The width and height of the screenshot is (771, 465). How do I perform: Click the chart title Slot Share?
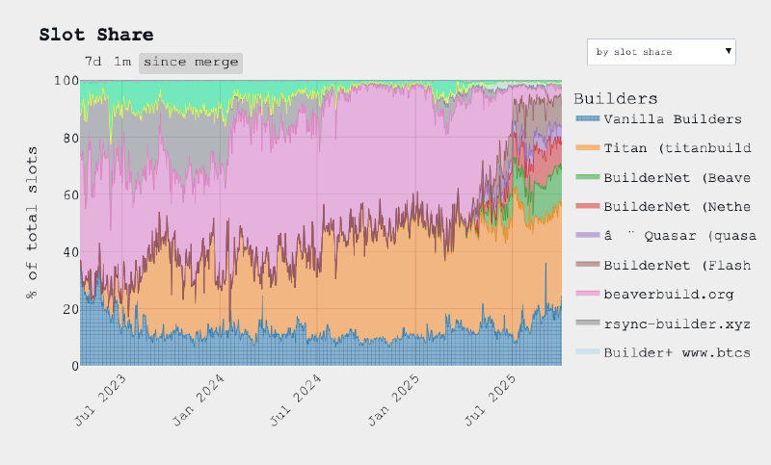coord(95,35)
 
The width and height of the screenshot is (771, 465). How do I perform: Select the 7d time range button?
coord(93,62)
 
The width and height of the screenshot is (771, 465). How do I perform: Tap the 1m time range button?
coord(122,62)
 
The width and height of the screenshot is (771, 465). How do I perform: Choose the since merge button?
coord(190,63)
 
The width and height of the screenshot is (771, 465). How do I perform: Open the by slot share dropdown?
coord(661,51)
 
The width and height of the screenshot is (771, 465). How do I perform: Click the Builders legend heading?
coord(615,98)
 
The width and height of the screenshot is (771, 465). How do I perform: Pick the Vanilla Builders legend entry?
coord(672,119)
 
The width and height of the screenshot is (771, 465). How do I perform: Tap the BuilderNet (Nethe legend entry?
coord(672,206)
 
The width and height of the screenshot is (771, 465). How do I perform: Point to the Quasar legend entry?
coord(672,235)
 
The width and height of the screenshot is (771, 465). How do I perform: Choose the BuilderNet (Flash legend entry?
coord(672,264)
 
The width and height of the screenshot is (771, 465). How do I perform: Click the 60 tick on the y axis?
coord(68,195)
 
